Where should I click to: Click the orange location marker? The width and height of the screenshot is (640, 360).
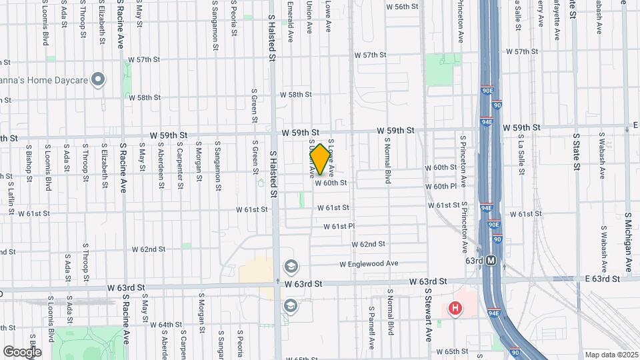click(320, 159)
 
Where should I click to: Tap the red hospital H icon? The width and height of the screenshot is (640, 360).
click(455, 308)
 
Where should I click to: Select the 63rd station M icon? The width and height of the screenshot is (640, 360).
click(491, 261)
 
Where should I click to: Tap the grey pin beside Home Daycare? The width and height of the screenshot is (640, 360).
click(99, 81)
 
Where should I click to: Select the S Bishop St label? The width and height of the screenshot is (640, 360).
click(29, 161)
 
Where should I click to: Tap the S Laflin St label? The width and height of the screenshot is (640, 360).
click(11, 199)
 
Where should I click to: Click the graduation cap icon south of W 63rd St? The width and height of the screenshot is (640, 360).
click(290, 305)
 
